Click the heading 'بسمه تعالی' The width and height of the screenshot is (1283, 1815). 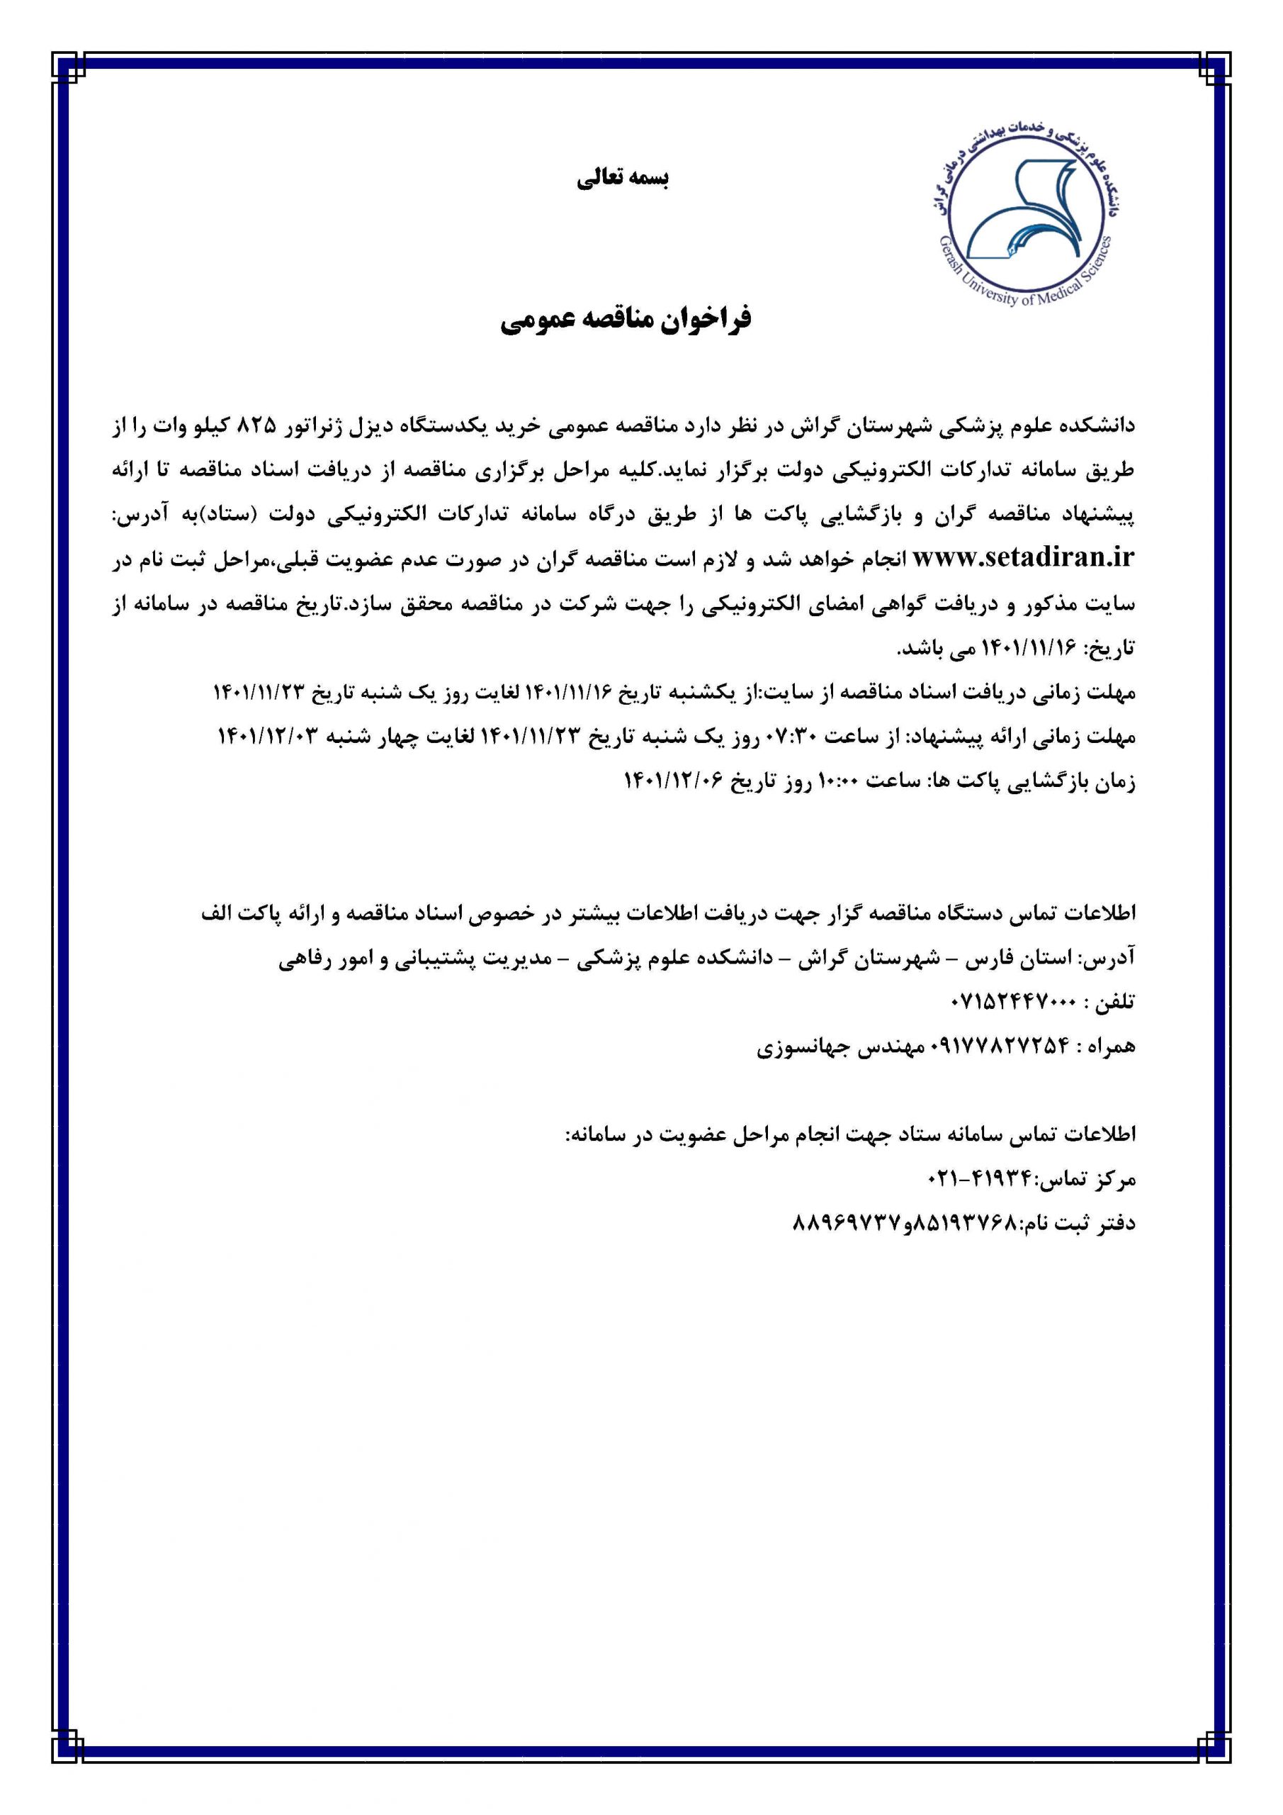(623, 179)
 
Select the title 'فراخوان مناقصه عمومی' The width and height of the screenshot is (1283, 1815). (626, 320)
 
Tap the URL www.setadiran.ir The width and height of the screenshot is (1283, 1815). (1023, 559)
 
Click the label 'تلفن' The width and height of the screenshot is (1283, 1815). (1114, 1003)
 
